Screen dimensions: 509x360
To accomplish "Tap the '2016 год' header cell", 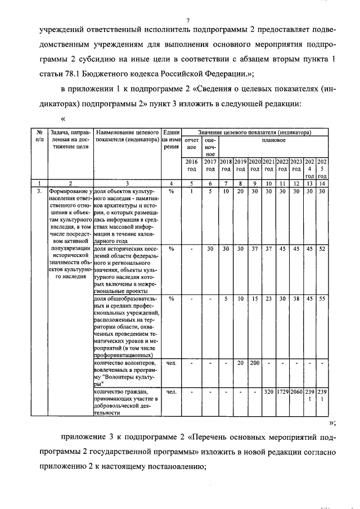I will coord(191,165).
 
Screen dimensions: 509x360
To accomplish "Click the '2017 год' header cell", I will coord(210,165).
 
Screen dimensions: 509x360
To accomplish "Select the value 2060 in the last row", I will coord(296,390).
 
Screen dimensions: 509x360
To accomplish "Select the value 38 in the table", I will coord(296,299).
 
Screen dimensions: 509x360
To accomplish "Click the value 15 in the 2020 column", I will coord(254,299).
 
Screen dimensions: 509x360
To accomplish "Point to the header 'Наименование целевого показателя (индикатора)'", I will coord(128,136).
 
